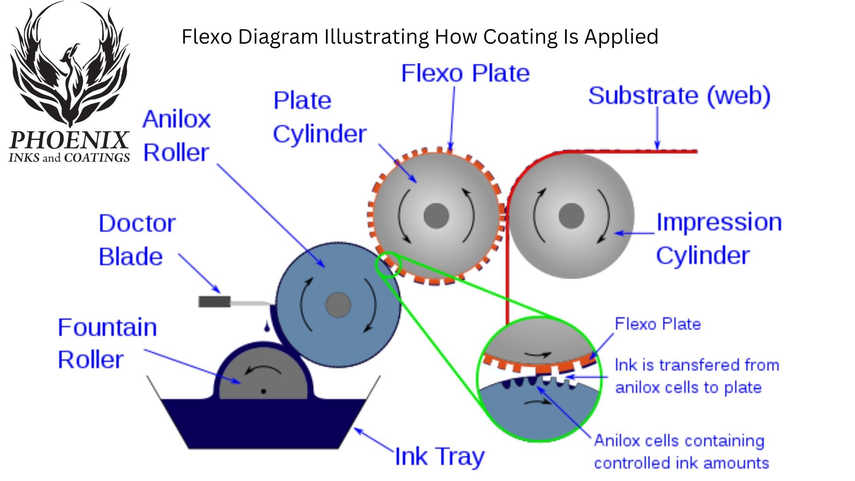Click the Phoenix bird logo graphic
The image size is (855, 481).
[70, 67]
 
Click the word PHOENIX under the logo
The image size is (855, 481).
[69, 140]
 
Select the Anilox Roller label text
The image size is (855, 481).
[176, 136]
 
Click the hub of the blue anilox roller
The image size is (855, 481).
[338, 306]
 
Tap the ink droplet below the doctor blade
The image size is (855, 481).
[267, 327]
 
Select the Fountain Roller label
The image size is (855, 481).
[107, 343]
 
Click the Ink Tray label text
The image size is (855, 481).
[439, 457]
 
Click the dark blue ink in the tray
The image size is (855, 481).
[263, 423]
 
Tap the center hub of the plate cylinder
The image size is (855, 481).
[436, 216]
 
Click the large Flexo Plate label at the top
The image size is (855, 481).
[465, 73]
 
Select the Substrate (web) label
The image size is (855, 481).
[679, 96]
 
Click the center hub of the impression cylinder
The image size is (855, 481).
[571, 216]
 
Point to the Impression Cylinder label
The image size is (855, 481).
[718, 239]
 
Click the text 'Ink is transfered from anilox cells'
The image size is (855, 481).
[696, 376]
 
